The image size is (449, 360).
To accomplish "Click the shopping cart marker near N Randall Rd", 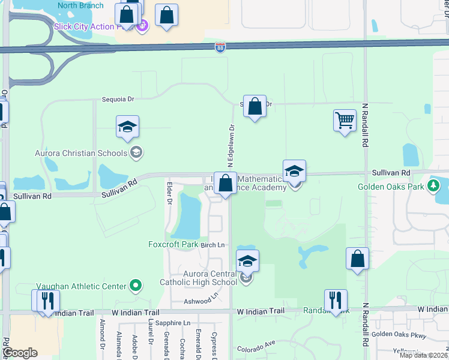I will coord(345,120).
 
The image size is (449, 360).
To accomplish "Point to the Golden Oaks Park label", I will coord(391,187).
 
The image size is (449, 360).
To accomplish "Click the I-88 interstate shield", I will coord(221,47).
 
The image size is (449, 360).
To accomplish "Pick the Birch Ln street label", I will coord(212,245).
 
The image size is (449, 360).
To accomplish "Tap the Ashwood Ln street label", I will coord(200,300).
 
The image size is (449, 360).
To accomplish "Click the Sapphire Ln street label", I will coord(172,323).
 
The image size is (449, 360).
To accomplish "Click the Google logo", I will coord(20,353).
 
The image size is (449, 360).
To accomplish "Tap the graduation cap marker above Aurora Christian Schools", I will coord(128,127).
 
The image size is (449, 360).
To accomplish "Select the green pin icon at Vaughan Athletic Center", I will coord(136,286).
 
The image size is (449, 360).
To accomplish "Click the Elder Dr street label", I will coord(170,193).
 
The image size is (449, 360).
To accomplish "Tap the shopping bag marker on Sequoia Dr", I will coord(255,107).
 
